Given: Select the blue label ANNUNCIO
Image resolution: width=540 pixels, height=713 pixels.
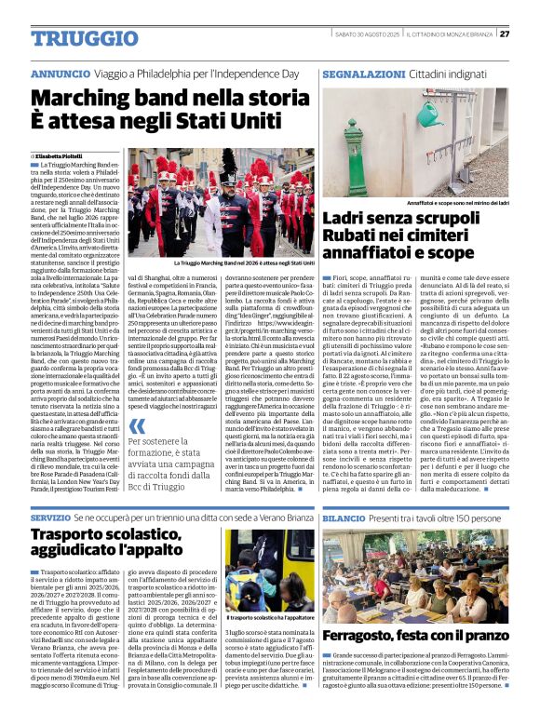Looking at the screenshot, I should pos(61,73).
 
